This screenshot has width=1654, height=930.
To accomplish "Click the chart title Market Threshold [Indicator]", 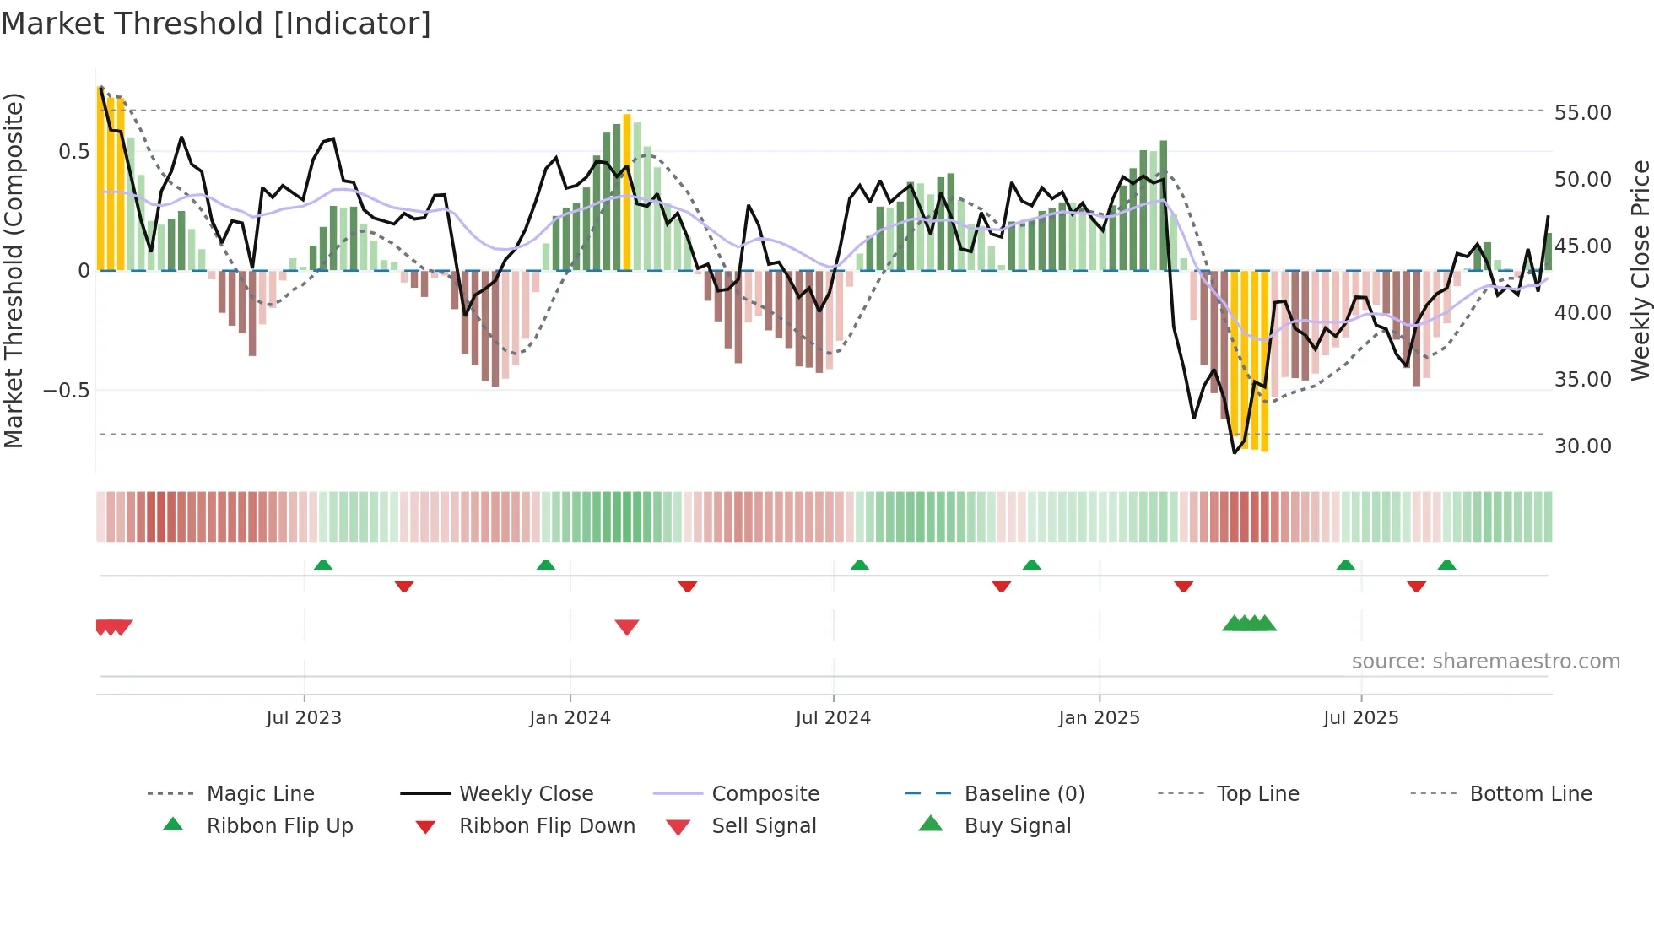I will point(216,24).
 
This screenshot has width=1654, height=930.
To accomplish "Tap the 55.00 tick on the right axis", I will point(1582,112).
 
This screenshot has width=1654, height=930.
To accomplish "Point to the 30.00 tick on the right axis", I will point(1582,446).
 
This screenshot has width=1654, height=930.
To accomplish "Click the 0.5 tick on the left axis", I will point(73,151).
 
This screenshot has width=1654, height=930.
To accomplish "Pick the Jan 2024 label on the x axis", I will point(570,718).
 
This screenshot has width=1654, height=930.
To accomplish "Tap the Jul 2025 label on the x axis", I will point(1360,718).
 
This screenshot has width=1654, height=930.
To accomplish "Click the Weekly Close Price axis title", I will point(1640,270).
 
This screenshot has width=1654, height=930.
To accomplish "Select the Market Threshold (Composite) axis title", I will point(14,270).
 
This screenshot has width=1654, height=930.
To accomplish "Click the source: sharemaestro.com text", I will point(1485,662).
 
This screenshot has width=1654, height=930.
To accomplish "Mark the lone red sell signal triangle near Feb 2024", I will point(627,627).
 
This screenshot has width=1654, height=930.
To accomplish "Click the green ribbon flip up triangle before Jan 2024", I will point(546,565).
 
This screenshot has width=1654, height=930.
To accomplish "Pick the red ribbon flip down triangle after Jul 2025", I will point(1416,586).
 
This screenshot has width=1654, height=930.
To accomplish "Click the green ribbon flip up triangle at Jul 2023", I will point(323,565).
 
